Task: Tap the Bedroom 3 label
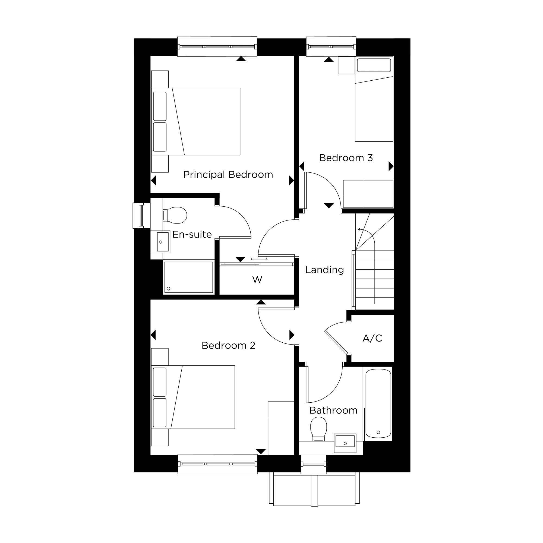point(346,158)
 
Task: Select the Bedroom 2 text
point(229,345)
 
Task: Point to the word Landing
point(325,270)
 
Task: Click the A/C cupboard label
point(372,338)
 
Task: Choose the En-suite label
point(192,234)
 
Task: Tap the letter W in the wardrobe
point(257,280)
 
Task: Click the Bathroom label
point(333,411)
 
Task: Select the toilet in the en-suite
point(175,215)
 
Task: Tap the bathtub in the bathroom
point(378,404)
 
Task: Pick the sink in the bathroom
point(345,443)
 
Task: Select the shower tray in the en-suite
point(189,277)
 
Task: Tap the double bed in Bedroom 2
point(193,397)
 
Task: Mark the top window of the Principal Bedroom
point(217,46)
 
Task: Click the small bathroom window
point(314,464)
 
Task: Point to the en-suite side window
point(141,216)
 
